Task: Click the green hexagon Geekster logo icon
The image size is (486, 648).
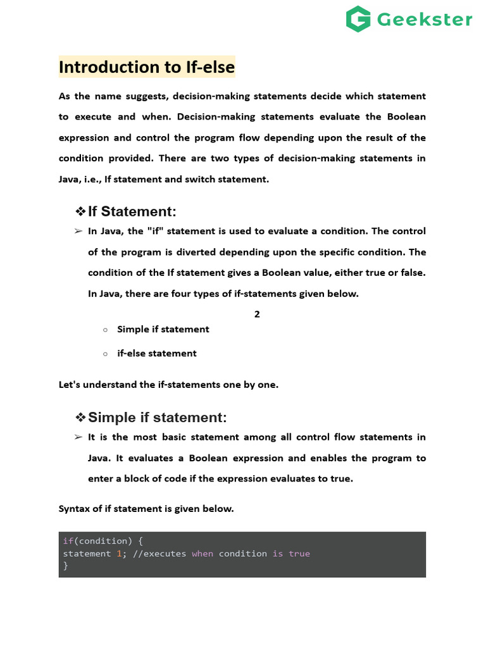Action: click(359, 19)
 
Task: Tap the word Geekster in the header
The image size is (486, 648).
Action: click(425, 20)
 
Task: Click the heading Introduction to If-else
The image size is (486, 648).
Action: click(146, 67)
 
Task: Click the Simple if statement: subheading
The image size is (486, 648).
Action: click(157, 418)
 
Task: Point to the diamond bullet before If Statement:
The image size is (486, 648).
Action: click(80, 211)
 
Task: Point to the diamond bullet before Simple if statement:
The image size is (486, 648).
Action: click(80, 418)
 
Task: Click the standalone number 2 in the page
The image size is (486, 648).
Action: click(257, 314)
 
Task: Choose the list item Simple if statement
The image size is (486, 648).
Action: click(163, 329)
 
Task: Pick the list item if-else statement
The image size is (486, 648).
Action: click(156, 353)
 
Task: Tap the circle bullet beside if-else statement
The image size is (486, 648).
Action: click(105, 354)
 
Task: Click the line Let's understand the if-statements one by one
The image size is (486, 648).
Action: click(168, 384)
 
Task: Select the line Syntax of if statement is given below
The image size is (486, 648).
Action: click(146, 508)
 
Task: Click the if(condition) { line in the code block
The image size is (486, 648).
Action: click(103, 541)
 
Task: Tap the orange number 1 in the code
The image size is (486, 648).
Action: click(118, 554)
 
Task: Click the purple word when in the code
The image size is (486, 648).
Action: click(202, 554)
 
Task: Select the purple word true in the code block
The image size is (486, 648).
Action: click(299, 554)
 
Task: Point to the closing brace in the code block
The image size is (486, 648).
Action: click(65, 566)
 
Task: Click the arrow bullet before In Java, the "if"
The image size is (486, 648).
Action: click(78, 232)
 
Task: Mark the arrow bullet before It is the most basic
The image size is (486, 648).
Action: click(78, 437)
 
